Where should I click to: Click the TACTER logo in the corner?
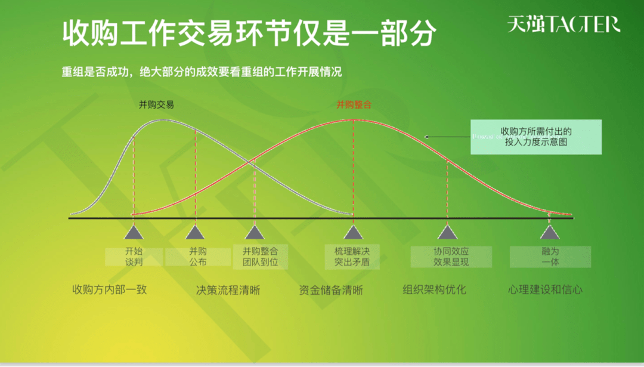[563, 24]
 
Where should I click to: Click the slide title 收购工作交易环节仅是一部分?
[249, 33]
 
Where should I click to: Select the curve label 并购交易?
[156, 104]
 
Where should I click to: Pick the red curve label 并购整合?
[354, 104]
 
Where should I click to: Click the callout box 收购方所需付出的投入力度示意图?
[535, 137]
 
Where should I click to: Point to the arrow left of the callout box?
[447, 137]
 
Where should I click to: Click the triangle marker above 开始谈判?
[134, 232]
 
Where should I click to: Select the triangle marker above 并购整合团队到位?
[255, 232]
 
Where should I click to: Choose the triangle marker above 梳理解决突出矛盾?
[353, 232]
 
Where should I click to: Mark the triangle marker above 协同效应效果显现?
[448, 232]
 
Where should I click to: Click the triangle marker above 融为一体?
[550, 232]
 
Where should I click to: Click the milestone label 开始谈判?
[134, 257]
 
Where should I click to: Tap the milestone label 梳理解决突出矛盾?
[352, 257]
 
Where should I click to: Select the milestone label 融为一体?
[550, 257]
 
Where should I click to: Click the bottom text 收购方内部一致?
[109, 290]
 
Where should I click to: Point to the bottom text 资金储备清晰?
[331, 290]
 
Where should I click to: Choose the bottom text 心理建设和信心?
[545, 290]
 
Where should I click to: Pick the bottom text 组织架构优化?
[435, 290]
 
